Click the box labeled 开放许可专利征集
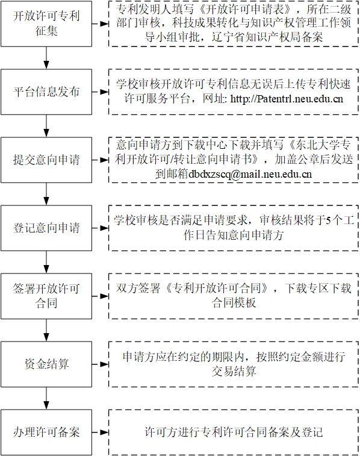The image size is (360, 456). click(46, 24)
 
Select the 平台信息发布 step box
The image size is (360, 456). click(46, 92)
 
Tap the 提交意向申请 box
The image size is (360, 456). click(46, 160)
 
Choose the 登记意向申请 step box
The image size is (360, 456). click(46, 228)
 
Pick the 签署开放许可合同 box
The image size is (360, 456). click(46, 296)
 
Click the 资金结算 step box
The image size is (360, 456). click(46, 364)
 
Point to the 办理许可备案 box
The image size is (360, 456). click(46, 432)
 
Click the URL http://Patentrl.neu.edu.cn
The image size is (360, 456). click(287, 99)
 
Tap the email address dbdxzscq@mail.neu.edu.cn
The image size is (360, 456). click(250, 174)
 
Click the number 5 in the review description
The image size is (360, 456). click(328, 220)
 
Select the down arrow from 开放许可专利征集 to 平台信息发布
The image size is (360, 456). click(46, 58)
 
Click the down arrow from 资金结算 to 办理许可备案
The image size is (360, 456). click(46, 398)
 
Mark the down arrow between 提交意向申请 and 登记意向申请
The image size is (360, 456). click(46, 194)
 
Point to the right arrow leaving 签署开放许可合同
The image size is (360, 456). click(101, 296)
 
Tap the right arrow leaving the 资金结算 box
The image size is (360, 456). click(101, 364)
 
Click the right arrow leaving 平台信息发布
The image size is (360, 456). click(101, 92)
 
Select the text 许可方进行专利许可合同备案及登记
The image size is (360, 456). click(234, 432)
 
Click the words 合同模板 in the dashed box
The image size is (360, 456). click(234, 304)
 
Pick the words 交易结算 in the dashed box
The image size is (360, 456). click(234, 372)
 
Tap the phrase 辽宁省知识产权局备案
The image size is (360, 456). click(267, 37)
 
